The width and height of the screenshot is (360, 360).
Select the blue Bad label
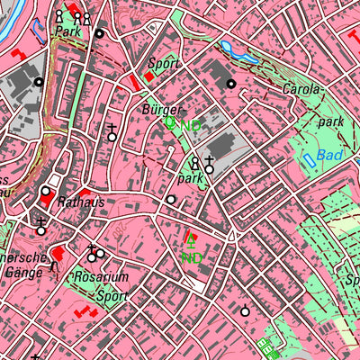pos(330,156)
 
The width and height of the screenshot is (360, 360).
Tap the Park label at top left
pos(67,31)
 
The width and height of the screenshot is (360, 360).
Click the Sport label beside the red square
pos(165,64)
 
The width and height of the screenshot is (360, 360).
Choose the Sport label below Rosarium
pos(112,294)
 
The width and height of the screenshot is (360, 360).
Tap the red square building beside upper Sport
pos(148,76)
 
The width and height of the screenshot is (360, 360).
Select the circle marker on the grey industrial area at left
pos(39,82)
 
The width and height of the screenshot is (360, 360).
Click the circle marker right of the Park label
pos(99,33)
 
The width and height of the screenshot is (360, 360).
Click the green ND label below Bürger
pos(192,126)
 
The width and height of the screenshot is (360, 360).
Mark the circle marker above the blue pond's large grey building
pos(232,84)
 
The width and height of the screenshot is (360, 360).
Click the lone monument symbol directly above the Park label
pos(59,16)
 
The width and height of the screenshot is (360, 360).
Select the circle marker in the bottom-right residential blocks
pos(245,311)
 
